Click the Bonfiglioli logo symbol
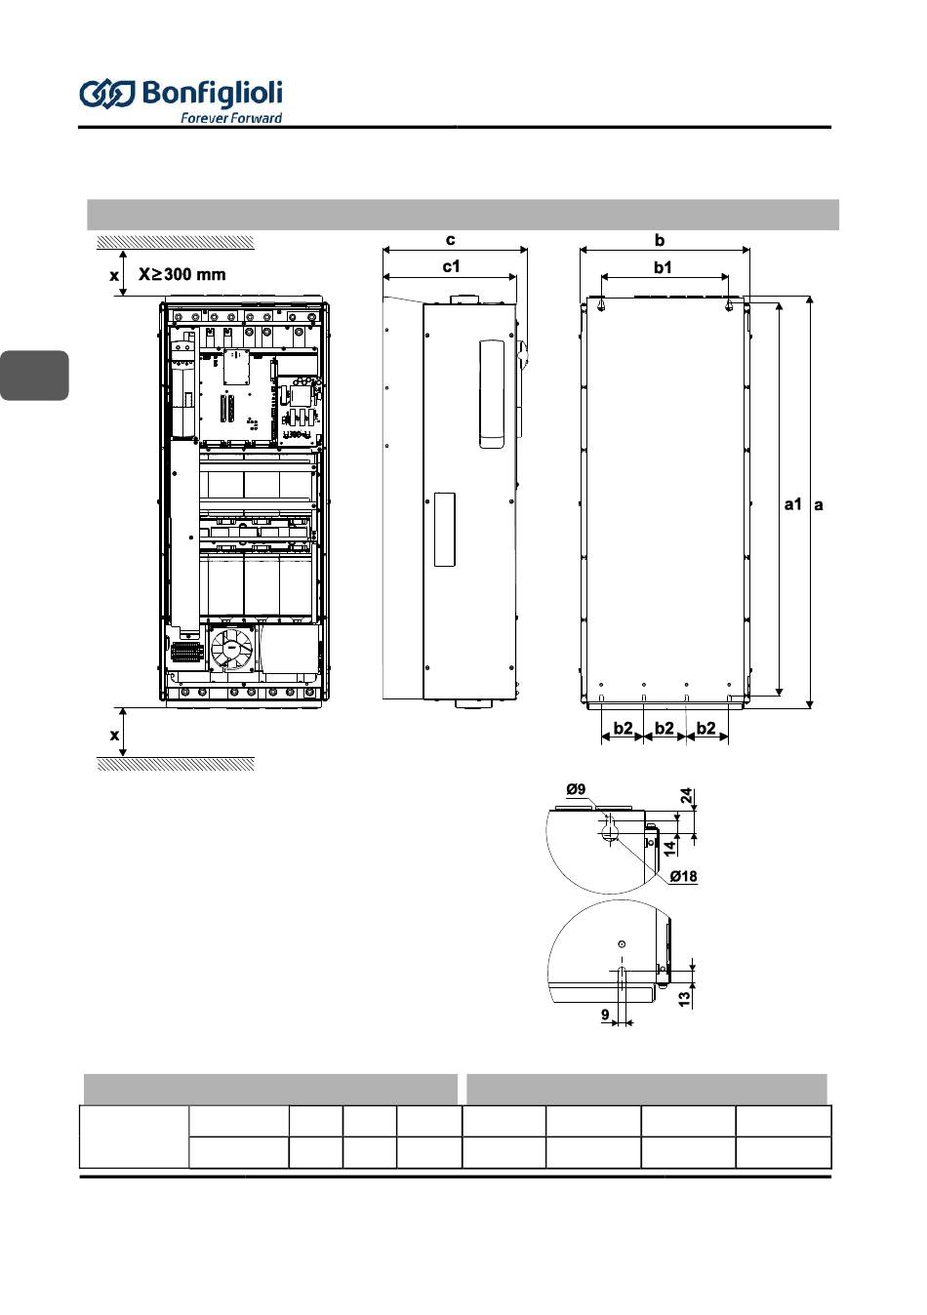click(x=107, y=94)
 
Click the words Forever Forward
click(x=231, y=118)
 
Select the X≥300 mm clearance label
click(x=182, y=274)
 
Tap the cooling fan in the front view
click(x=231, y=648)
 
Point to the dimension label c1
click(x=451, y=266)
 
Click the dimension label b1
click(x=663, y=267)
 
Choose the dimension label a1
click(x=792, y=503)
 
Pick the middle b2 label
click(x=664, y=728)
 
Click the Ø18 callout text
click(x=683, y=876)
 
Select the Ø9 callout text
click(x=576, y=789)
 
